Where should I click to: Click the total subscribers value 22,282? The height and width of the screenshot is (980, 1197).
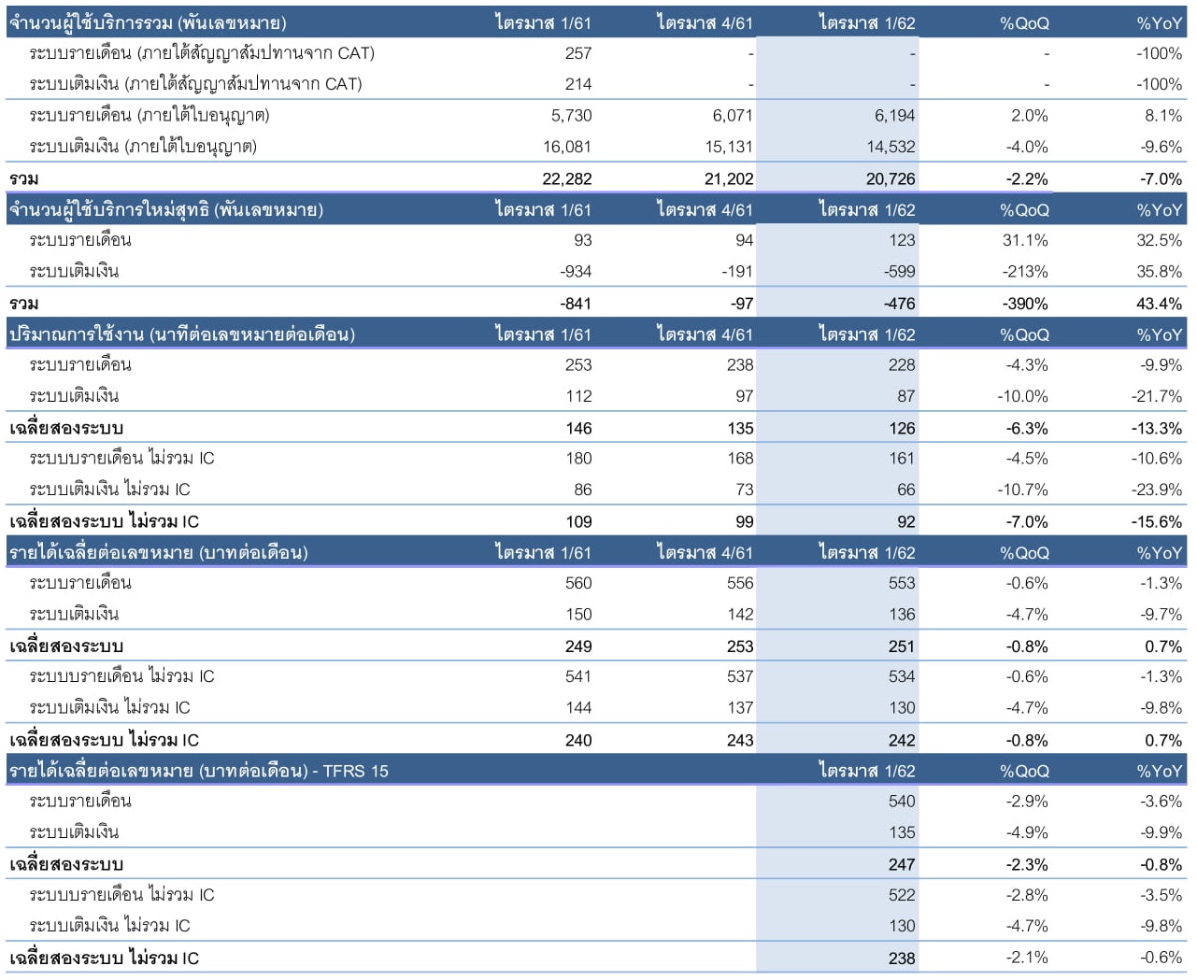[566, 178]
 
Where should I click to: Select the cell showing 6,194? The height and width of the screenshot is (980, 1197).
[894, 116]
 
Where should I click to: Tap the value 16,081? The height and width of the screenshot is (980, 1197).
[566, 147]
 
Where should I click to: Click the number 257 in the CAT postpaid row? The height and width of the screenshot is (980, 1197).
[577, 53]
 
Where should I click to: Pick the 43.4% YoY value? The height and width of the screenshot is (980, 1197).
[1159, 304]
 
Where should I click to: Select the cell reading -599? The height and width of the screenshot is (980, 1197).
[899, 272]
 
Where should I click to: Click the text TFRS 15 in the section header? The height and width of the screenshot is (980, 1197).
[355, 771]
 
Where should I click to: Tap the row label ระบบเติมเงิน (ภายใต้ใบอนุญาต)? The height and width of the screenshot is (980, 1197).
[143, 147]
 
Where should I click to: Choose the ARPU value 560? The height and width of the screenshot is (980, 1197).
[577, 583]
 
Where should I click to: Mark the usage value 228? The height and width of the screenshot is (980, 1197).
[902, 365]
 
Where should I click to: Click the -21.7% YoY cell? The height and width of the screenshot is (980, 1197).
[1156, 396]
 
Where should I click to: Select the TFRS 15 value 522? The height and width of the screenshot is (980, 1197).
[902, 895]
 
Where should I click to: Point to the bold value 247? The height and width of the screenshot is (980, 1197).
[902, 864]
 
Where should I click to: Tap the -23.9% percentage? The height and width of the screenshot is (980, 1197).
[1156, 490]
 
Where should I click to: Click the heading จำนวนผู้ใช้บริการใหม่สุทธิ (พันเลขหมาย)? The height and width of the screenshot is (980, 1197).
[166, 209]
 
